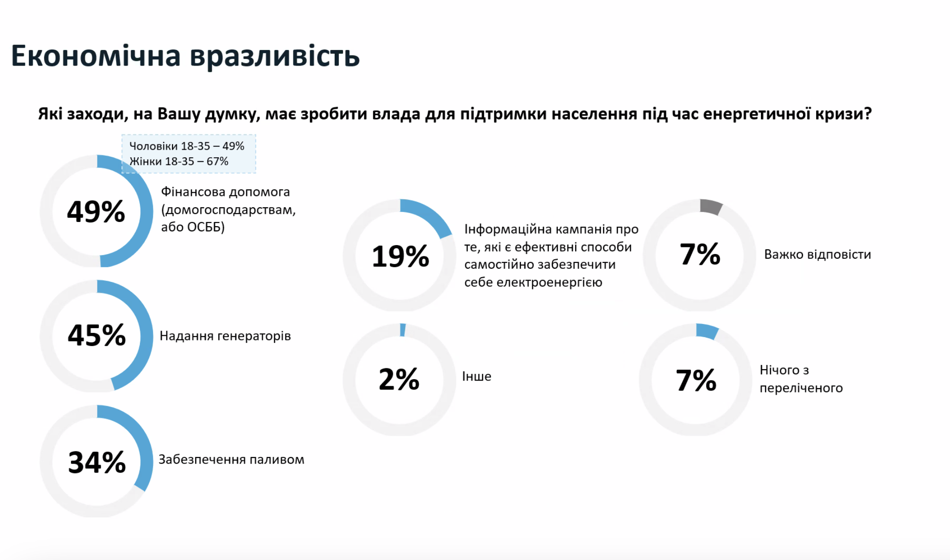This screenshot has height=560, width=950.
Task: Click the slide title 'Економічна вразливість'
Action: (185, 56)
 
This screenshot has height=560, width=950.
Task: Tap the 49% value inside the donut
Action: (96, 212)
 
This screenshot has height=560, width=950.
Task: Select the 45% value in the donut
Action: (96, 336)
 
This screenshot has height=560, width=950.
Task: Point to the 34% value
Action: (97, 462)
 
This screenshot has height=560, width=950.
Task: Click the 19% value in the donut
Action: (400, 256)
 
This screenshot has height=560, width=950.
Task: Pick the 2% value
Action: (399, 379)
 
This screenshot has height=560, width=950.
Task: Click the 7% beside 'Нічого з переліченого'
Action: (696, 380)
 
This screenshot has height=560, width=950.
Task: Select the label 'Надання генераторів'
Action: (225, 336)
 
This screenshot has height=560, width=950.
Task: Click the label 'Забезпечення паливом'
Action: (231, 459)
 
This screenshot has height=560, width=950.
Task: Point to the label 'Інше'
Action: (476, 376)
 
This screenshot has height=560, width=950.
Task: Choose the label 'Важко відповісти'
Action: (817, 255)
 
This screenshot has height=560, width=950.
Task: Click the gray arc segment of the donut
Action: (711, 206)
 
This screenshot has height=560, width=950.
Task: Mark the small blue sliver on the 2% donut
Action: (403, 330)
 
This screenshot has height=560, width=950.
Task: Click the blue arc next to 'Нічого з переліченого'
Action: (707, 331)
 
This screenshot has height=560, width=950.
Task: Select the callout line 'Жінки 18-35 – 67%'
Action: (179, 161)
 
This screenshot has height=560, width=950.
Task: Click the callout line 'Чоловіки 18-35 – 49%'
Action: (187, 146)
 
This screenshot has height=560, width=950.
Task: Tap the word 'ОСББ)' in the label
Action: (206, 227)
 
